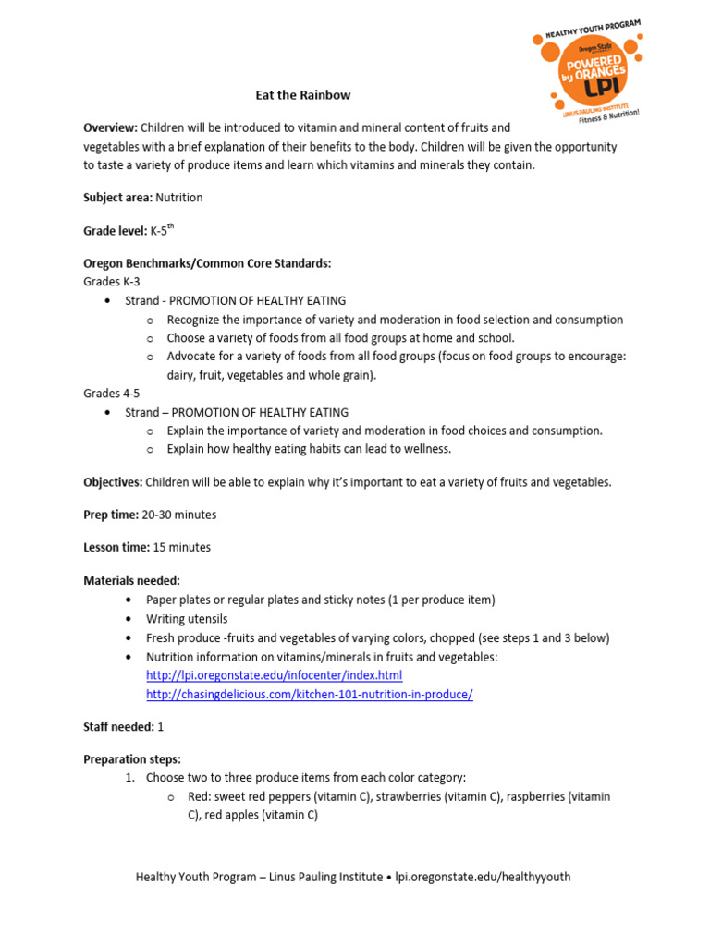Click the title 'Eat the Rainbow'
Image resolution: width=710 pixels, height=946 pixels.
tap(303, 95)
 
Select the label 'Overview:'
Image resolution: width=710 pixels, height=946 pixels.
tap(110, 127)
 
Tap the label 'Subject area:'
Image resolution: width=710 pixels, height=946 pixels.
tap(117, 198)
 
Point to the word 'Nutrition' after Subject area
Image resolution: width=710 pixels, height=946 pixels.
tap(179, 198)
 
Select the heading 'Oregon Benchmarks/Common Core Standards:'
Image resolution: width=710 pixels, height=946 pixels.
tap(207, 263)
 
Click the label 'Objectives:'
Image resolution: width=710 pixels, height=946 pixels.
tap(112, 482)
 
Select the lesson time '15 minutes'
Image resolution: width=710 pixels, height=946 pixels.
tap(182, 547)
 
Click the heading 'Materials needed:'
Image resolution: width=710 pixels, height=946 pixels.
tap(132, 580)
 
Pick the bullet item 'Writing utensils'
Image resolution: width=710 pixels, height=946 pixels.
tap(187, 619)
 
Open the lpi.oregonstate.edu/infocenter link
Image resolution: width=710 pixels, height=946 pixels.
tap(274, 675)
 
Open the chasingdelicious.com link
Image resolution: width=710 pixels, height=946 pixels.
tap(309, 694)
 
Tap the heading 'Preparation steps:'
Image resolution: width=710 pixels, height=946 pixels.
tap(132, 759)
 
